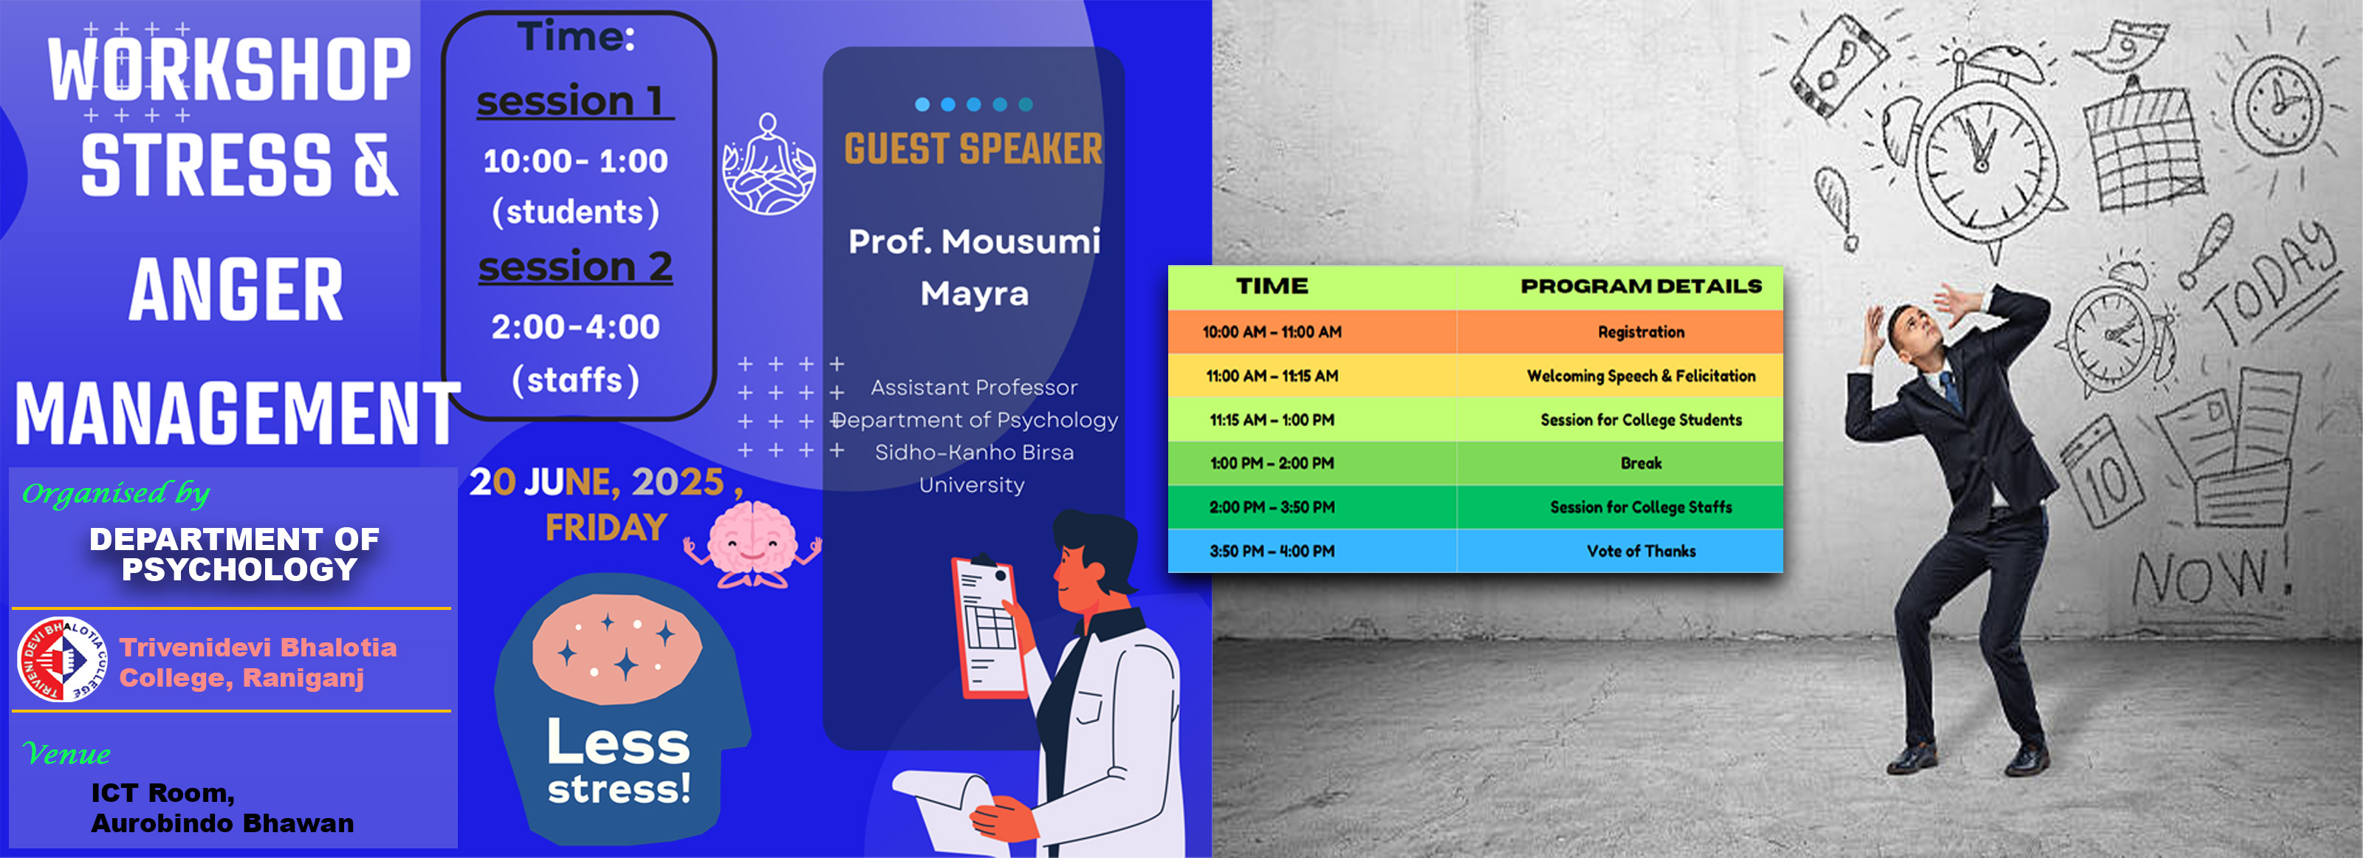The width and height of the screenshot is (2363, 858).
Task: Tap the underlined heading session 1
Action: point(575,100)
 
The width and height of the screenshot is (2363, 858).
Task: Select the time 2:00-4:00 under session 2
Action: point(575,326)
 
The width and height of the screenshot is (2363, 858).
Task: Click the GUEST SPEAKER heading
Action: point(973,148)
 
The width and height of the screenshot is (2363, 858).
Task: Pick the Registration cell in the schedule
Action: point(1641,332)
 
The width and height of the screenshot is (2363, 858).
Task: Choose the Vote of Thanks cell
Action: point(1641,552)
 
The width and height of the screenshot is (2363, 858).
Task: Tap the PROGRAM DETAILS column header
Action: point(1641,286)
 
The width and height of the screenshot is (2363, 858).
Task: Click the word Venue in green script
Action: point(66,753)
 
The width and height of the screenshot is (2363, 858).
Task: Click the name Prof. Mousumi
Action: point(974,241)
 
